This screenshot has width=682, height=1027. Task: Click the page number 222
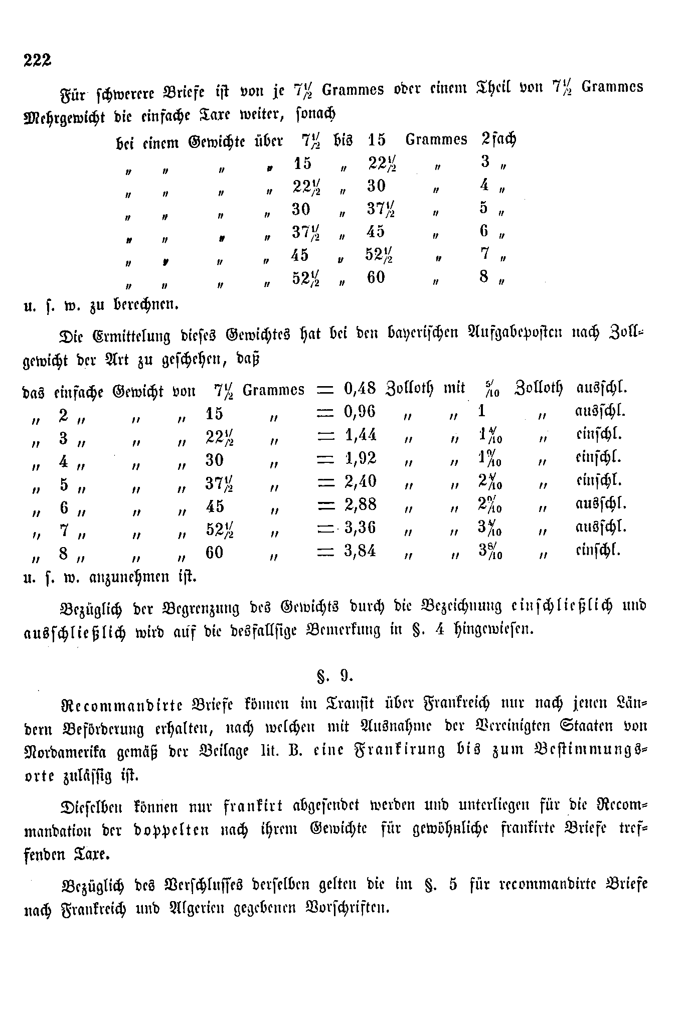pyautogui.click(x=38, y=60)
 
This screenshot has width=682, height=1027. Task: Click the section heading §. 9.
pyautogui.click(x=335, y=676)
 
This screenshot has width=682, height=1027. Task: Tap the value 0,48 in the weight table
pyautogui.click(x=360, y=389)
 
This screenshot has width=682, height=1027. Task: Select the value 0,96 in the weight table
pyautogui.click(x=360, y=412)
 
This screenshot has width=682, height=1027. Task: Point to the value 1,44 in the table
pyautogui.click(x=361, y=435)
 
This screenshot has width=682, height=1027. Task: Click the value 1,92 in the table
pyautogui.click(x=361, y=458)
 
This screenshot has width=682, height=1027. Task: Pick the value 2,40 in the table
pyautogui.click(x=361, y=481)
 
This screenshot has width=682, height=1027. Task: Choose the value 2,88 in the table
pyautogui.click(x=361, y=504)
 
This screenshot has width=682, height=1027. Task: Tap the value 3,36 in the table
pyautogui.click(x=361, y=528)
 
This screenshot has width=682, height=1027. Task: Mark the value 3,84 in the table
pyautogui.click(x=361, y=551)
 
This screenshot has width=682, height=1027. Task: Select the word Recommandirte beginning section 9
pyautogui.click(x=122, y=704)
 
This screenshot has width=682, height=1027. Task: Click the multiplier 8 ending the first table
pyautogui.click(x=483, y=277)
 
